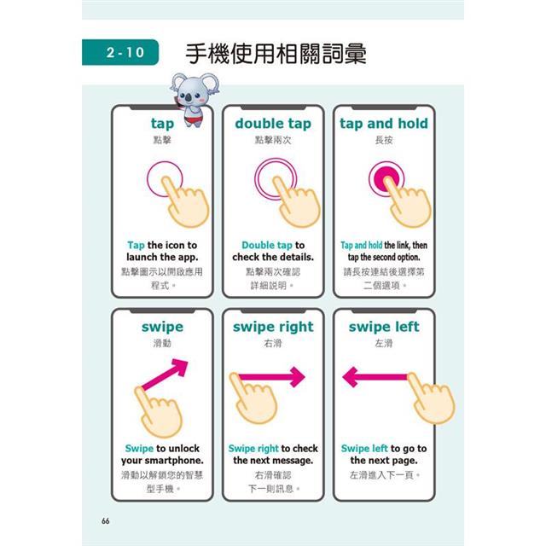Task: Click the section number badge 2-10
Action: (120, 52)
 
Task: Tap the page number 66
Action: (105, 521)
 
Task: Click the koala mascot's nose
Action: (188, 98)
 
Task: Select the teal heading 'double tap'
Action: (273, 124)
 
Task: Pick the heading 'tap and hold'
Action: (384, 124)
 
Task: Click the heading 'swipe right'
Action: (273, 328)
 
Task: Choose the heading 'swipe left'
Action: (384, 327)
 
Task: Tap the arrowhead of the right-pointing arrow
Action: (298, 377)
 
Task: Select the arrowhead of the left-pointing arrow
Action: (350, 377)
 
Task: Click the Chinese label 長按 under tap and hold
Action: (384, 140)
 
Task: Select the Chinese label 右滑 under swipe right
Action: (273, 343)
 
